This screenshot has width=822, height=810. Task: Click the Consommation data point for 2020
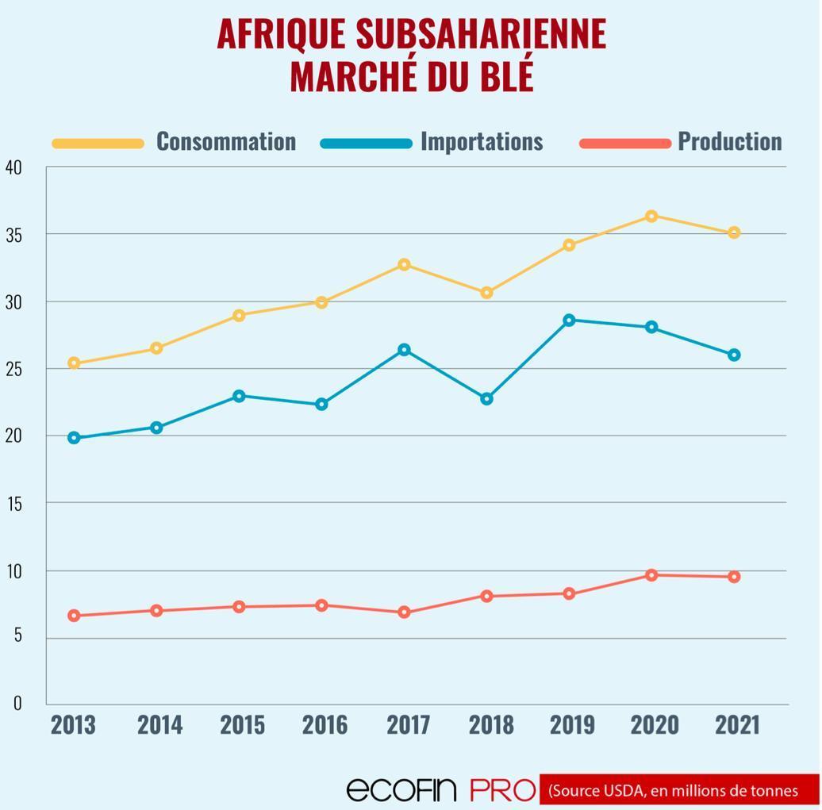coord(651,216)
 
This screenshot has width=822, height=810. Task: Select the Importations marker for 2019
coord(569,320)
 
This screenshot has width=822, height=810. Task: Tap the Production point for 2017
coord(404,612)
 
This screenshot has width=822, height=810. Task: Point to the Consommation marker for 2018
coord(486,293)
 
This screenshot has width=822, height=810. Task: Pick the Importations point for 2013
coord(74,437)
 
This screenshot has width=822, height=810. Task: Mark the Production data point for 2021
coord(734,577)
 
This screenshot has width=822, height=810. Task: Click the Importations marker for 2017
coord(404,350)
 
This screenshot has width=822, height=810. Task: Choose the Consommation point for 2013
coord(74,363)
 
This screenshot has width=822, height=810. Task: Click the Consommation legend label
coord(225,141)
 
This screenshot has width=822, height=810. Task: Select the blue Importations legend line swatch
coord(366,144)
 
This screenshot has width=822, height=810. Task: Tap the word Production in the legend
coord(729,141)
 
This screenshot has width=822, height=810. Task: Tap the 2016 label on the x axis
coord(325,724)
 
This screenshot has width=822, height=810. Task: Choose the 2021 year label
coord(737,724)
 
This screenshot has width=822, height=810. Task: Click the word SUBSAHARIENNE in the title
coord(480,34)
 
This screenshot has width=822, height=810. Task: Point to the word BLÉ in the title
coord(505,76)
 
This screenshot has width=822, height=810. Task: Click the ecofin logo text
coord(401,789)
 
